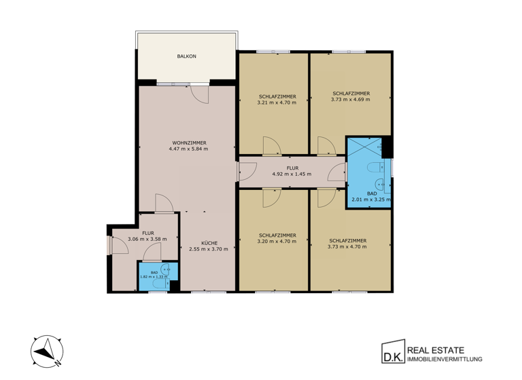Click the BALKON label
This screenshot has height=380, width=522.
(x=187, y=56)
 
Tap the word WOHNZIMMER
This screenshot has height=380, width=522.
(x=189, y=142)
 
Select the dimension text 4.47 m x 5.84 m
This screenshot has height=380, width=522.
(x=189, y=149)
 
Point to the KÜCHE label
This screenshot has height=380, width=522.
(x=209, y=242)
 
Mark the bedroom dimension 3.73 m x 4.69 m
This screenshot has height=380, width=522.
(x=351, y=99)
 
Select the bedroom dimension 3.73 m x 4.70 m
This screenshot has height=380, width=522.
(x=348, y=246)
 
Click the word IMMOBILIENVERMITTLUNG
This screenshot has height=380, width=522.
(x=444, y=359)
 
